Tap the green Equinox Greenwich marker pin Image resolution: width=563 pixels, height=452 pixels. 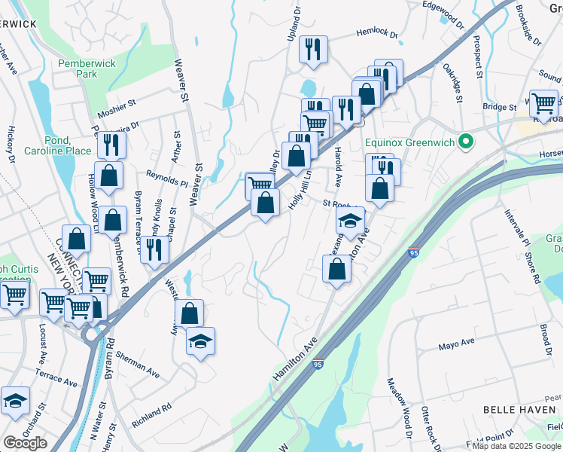pyautogui.click(x=467, y=141)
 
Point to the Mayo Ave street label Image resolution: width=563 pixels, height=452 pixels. pyautogui.click(x=457, y=344)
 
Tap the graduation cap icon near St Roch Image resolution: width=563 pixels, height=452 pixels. pyautogui.click(x=350, y=221)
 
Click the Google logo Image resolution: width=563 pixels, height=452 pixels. pyautogui.click(x=25, y=443)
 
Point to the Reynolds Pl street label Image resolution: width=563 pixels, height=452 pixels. pyautogui.click(x=166, y=177)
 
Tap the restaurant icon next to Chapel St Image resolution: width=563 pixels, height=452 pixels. pyautogui.click(x=154, y=249)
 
